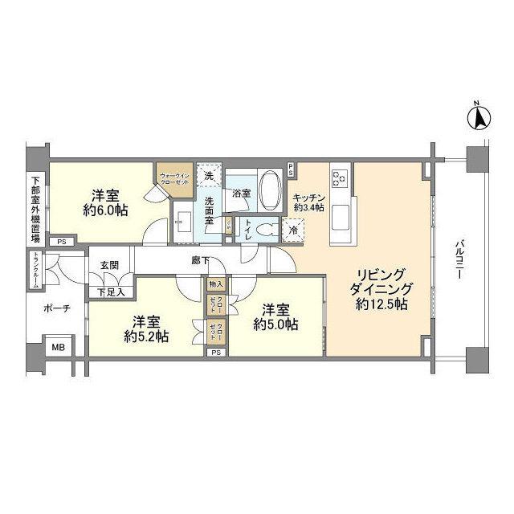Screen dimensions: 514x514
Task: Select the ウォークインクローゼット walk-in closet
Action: pos(174,181)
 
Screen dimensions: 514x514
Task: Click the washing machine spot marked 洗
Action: pos(209,176)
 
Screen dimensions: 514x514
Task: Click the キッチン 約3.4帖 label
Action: pos(308,202)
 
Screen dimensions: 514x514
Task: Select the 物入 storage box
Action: pos(216,284)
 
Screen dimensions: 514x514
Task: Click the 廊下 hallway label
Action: pos(202,261)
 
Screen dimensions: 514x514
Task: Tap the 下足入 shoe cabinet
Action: pos(111,292)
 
